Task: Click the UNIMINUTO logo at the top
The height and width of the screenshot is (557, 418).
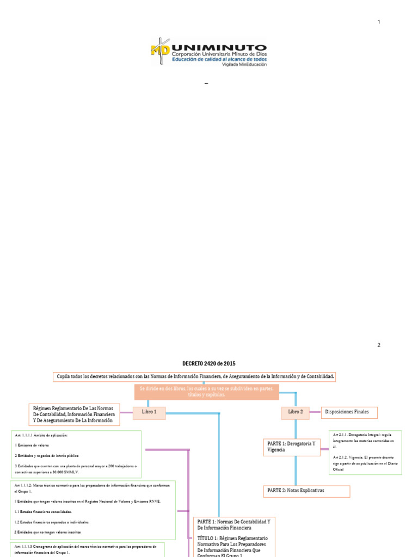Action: pyautogui.click(x=208, y=52)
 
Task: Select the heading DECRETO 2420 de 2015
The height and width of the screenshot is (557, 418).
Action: pyautogui.click(x=209, y=363)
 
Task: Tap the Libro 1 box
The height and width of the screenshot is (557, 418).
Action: pyautogui.click(x=149, y=412)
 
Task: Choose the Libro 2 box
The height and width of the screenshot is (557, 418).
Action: pyautogui.click(x=295, y=412)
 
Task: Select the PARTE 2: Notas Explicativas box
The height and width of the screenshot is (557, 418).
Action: pyautogui.click(x=306, y=491)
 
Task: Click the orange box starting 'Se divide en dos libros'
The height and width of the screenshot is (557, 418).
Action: pyautogui.click(x=206, y=392)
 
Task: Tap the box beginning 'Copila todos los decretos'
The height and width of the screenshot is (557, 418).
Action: pyautogui.click(x=195, y=377)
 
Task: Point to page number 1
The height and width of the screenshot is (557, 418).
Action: pyautogui.click(x=379, y=22)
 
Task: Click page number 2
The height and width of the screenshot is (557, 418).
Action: pyautogui.click(x=379, y=345)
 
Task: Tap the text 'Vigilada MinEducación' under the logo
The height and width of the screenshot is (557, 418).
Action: pyautogui.click(x=244, y=64)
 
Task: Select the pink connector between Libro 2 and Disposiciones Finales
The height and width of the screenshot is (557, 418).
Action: pyautogui.click(x=314, y=412)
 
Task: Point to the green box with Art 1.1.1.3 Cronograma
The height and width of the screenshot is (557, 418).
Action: pyautogui.click(x=87, y=549)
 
